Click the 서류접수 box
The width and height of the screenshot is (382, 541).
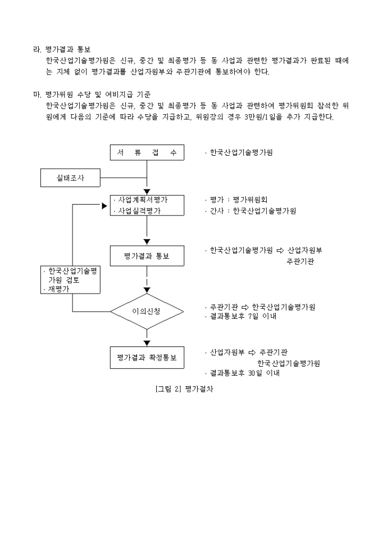pos(147,152)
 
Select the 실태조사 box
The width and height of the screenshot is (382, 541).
pos(70,178)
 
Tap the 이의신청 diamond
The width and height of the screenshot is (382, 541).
pos(147,311)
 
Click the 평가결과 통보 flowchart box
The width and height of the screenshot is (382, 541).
pos(147,257)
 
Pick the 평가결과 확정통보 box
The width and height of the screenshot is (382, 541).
pos(147,357)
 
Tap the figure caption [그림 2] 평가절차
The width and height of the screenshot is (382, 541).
pos(184,389)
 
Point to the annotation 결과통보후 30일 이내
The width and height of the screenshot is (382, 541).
pos(244,373)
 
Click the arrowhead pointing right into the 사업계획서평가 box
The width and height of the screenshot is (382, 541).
pos(104,206)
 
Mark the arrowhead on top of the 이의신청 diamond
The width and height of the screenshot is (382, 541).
pos(147,290)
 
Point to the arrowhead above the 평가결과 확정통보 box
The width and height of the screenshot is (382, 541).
pos(147,342)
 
